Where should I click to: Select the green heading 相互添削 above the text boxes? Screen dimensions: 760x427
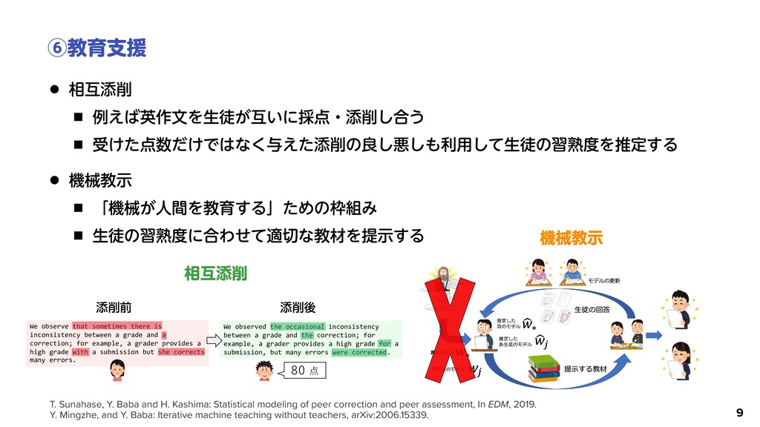coord(216,274)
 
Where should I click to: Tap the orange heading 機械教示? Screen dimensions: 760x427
coord(571,238)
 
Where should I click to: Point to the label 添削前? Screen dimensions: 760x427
coord(114,306)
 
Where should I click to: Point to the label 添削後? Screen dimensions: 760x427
coord(298,306)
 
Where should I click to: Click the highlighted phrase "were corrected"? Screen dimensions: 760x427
coord(359,352)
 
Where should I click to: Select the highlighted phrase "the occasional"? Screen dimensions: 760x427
coord(297,326)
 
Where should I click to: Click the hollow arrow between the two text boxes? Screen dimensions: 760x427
coord(212,340)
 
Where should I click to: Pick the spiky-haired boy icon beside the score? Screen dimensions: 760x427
coord(265,371)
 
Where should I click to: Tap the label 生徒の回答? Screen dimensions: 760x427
coord(592,308)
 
